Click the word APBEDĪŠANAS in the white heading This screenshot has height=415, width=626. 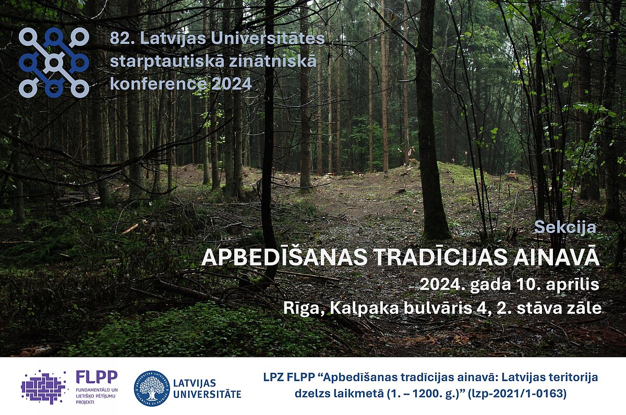click(284, 257)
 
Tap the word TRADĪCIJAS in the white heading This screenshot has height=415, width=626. click(440, 257)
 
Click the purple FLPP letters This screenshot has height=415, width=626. click(97, 377)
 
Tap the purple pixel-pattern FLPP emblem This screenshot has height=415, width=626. click(43, 387)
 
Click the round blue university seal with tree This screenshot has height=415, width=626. click(152, 388)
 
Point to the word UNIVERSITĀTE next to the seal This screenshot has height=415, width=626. click(207, 394)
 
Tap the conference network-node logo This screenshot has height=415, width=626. click(54, 63)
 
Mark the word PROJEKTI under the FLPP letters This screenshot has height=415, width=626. click(85, 402)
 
